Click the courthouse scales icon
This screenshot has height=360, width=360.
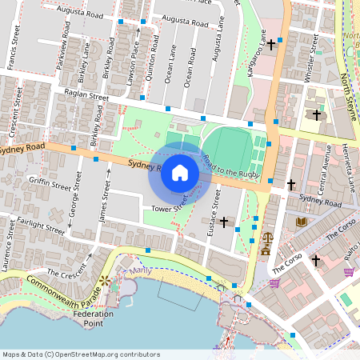tap(266, 238)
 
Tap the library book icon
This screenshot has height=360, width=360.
tap(301, 222)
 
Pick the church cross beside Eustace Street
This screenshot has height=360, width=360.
tap(224, 221)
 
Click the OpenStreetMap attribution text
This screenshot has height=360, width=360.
tap(81, 354)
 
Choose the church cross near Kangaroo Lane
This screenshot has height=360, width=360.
tap(272, 43)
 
